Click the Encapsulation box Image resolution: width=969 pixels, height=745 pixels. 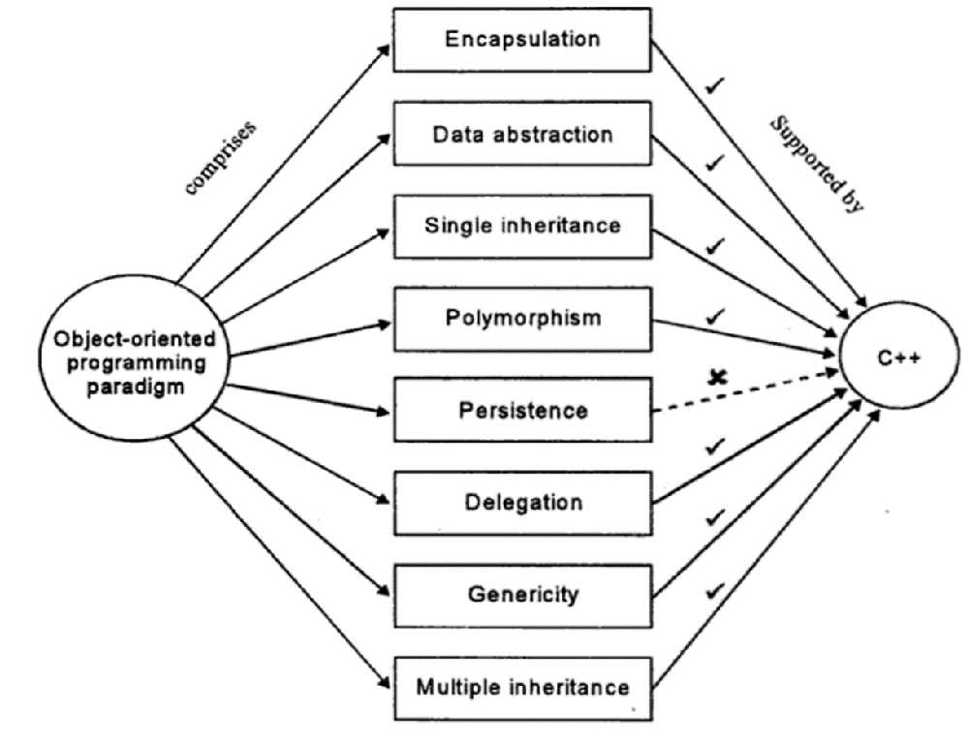521,40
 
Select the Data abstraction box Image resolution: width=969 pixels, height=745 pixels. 521,134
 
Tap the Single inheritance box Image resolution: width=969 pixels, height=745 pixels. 521,226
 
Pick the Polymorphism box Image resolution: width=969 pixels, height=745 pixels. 521,318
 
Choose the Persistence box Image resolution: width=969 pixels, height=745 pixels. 521,410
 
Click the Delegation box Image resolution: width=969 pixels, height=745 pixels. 521,502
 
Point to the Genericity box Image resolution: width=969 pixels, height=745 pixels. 521,594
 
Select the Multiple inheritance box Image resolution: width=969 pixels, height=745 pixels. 521,687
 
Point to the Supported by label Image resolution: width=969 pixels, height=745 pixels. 816,165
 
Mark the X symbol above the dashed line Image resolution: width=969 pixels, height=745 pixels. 717,377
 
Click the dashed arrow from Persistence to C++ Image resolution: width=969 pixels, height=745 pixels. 746,392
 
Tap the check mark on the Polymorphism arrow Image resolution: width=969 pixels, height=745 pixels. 715,315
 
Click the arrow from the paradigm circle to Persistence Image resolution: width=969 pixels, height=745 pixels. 300,396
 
